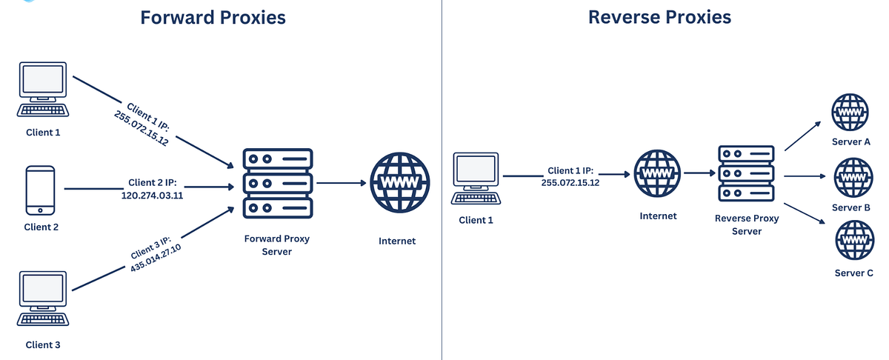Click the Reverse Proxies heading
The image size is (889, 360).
point(659,17)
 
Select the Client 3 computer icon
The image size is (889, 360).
point(43,299)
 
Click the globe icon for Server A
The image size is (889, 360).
point(850,113)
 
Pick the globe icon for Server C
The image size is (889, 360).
point(854,240)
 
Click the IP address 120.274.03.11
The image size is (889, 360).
point(152,195)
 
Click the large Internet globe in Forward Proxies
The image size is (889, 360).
point(399,183)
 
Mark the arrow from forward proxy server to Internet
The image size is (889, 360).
point(342,183)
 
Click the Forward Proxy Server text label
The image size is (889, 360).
point(276,245)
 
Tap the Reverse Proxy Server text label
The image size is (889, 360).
point(747,224)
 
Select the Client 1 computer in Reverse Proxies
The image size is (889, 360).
point(476,179)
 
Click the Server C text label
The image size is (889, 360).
point(854,273)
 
